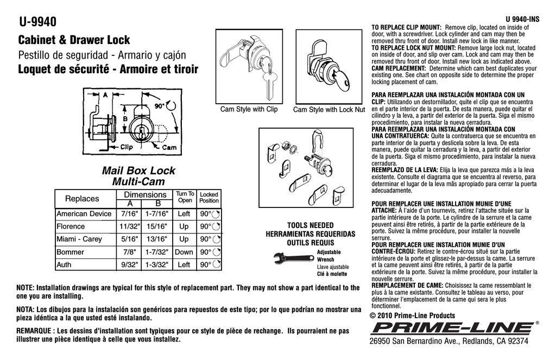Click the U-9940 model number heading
(x=37, y=22)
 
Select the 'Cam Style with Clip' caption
(x=249, y=110)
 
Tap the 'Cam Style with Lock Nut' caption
(x=329, y=110)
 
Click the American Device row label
(x=84, y=214)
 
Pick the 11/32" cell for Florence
(x=130, y=226)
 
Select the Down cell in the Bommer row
(x=184, y=252)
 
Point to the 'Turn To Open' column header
(x=185, y=197)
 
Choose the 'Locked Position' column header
(x=209, y=197)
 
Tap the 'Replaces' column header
(x=82, y=199)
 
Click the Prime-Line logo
(x=452, y=327)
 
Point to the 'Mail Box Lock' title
(x=138, y=171)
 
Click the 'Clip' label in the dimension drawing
(x=127, y=147)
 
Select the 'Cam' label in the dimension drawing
(x=169, y=147)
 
